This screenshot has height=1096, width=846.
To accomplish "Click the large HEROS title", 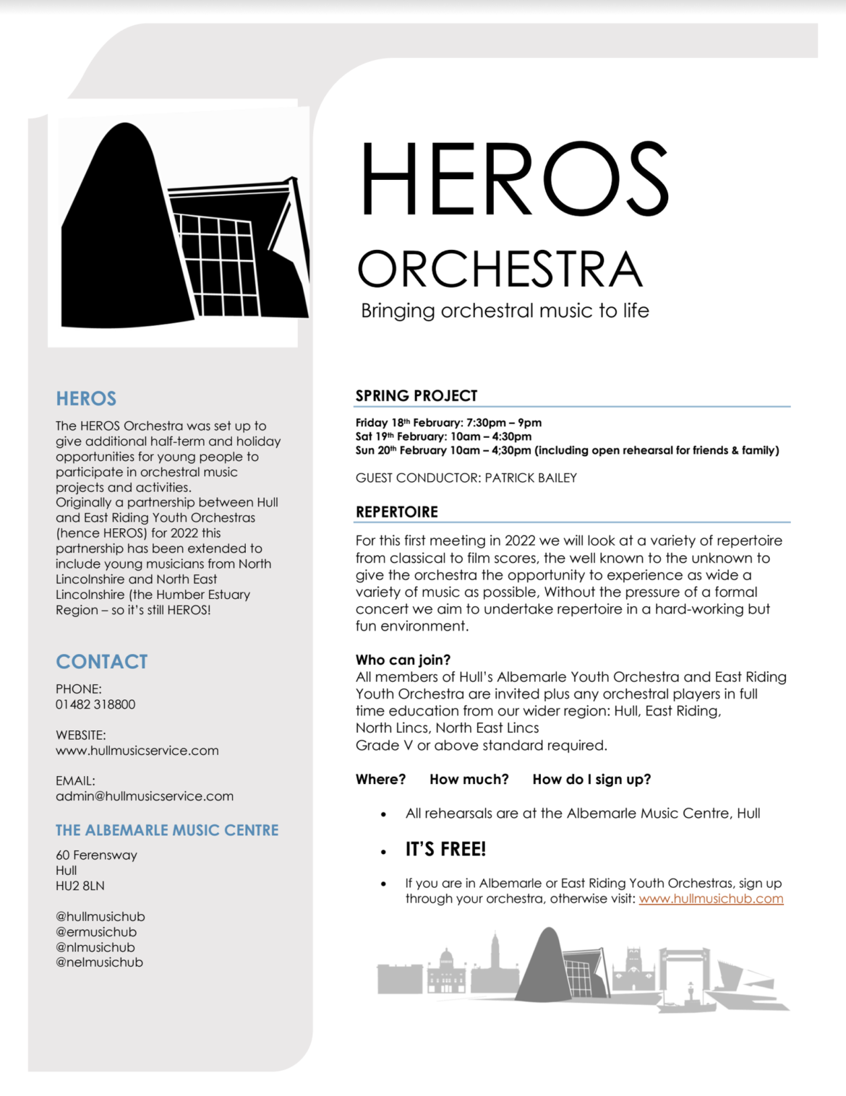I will click(x=514, y=179).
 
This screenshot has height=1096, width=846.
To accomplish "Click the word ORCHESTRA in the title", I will click(x=500, y=269).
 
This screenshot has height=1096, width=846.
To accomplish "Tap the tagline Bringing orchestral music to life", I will click(x=505, y=311).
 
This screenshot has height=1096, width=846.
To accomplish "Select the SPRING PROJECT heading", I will click(x=416, y=396).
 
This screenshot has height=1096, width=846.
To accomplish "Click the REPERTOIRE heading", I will click(x=397, y=512).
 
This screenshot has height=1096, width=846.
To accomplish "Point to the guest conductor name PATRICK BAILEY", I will click(x=531, y=478).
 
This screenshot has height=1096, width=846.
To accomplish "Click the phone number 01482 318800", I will click(x=95, y=704).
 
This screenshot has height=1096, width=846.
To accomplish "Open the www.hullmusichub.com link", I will click(x=711, y=899).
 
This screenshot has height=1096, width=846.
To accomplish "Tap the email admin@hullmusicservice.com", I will click(x=145, y=796).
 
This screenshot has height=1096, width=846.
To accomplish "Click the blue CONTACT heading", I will click(x=102, y=662).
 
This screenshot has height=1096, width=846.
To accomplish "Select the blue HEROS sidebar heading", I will click(x=86, y=399).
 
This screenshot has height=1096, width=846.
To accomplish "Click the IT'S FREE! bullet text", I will click(x=445, y=850).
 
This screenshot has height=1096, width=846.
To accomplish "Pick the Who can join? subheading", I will click(x=403, y=660).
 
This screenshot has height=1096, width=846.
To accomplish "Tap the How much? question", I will click(x=469, y=780).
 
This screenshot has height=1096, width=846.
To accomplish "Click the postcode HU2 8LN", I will click(x=80, y=886).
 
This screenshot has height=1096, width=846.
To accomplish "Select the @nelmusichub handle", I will click(x=99, y=962).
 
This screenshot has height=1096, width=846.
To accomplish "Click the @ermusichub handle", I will click(x=96, y=932).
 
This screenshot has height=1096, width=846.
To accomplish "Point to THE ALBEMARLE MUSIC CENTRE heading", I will click(x=167, y=831).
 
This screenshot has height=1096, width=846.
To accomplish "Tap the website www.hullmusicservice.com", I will click(x=137, y=751).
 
